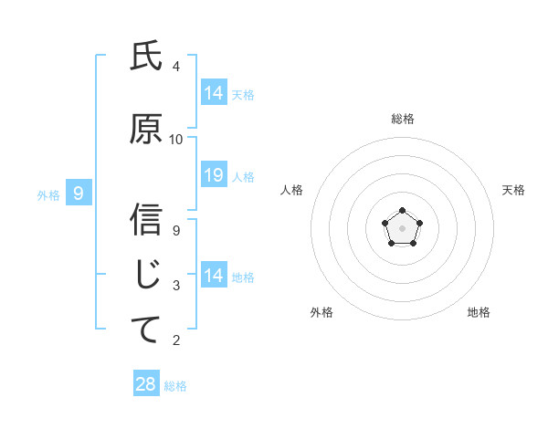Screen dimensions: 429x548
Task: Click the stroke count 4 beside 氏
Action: click(x=176, y=67)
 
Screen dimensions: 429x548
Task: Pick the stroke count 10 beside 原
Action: click(x=176, y=140)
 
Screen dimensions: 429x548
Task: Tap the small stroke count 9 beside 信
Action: click(x=176, y=230)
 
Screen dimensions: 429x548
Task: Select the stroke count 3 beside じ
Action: click(x=176, y=286)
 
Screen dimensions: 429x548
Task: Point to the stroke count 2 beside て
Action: click(x=176, y=340)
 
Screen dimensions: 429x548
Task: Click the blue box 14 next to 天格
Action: click(x=214, y=92)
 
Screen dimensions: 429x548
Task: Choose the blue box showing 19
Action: click(x=214, y=175)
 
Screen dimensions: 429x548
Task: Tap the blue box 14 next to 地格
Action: click(x=214, y=276)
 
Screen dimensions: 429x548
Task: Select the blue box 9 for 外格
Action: click(x=79, y=193)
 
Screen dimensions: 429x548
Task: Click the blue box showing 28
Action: click(x=146, y=384)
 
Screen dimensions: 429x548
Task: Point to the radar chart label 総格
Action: click(x=403, y=119)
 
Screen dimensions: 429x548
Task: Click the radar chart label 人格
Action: click(x=292, y=190)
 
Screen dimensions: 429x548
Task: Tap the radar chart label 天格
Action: click(x=513, y=190)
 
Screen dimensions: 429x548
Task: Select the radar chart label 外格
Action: click(x=321, y=313)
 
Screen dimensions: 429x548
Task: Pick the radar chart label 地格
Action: click(x=479, y=313)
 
